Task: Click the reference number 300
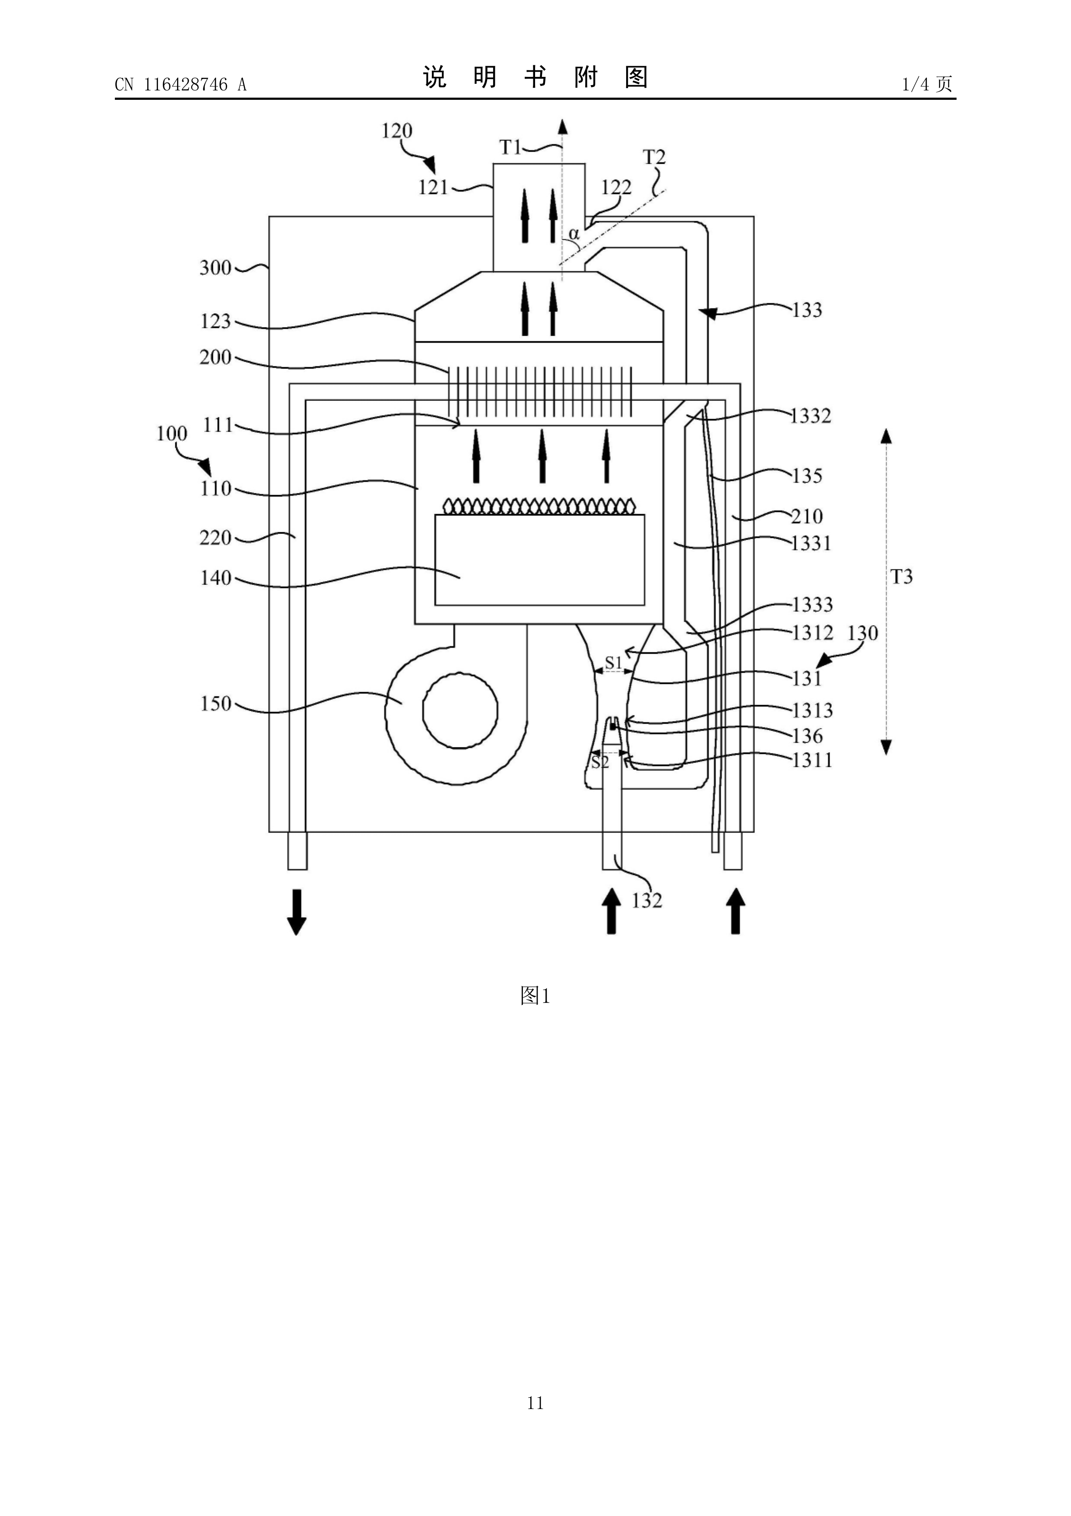(216, 268)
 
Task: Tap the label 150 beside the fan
(216, 704)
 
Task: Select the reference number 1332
(811, 416)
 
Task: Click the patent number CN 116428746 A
(180, 85)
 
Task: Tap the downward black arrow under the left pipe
(297, 912)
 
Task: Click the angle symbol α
(574, 234)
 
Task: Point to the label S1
(614, 661)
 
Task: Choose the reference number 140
(216, 578)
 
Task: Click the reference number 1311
(811, 761)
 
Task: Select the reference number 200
(216, 357)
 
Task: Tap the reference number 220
(216, 538)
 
